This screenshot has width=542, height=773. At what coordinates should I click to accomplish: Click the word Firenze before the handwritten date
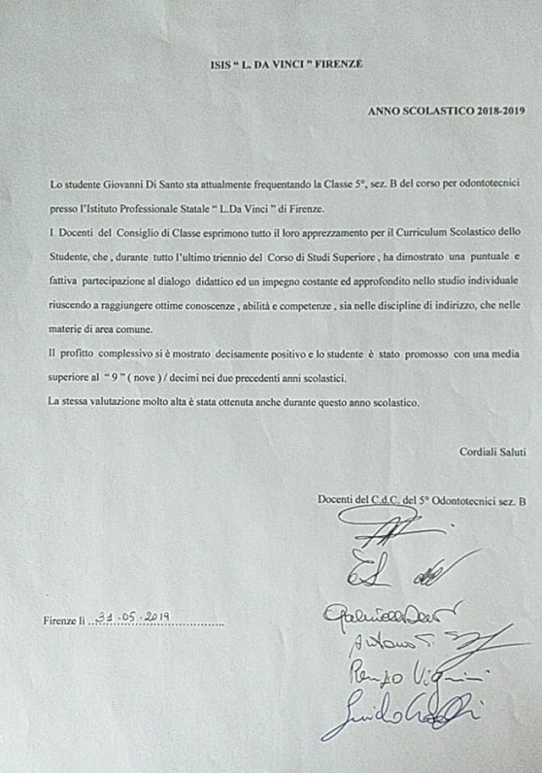pos(59,619)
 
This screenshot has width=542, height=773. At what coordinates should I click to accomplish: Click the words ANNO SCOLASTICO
pos(408,112)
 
